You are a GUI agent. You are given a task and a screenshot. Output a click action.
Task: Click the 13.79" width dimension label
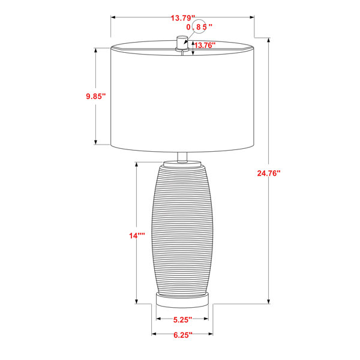[183, 17]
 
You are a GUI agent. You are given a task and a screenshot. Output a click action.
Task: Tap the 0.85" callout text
[199, 27]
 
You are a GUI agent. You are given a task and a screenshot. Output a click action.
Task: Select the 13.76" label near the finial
[205, 45]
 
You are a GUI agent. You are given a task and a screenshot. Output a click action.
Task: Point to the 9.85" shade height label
[96, 96]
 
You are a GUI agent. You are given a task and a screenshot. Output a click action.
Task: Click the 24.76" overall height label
[269, 173]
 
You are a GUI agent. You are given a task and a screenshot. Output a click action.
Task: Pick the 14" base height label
[137, 236]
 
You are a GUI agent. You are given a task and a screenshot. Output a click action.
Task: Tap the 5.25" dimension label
[182, 320]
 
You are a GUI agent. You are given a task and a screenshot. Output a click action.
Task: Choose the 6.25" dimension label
[182, 335]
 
